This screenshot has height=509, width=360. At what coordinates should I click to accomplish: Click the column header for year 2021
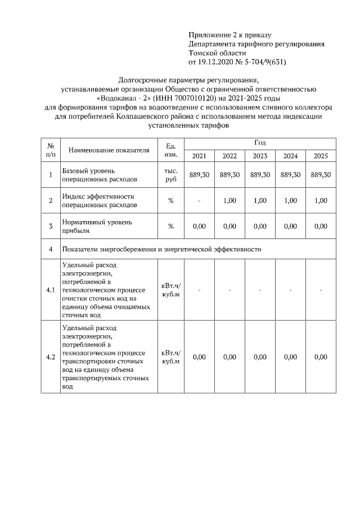coord(199,156)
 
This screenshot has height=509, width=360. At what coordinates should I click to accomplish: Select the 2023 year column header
coord(260,156)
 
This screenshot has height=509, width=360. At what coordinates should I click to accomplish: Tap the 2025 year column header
coord(321,156)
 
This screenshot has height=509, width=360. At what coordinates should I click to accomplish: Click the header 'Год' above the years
coord(260,143)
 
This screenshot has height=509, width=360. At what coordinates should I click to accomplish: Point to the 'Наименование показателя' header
coord(109,150)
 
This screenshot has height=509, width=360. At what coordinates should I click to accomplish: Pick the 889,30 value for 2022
coord(229,175)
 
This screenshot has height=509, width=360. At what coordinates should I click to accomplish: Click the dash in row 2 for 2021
coord(199,201)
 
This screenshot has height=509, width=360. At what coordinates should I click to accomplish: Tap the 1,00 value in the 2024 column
coord(290,201)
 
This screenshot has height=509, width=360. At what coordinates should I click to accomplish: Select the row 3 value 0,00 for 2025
coord(321,226)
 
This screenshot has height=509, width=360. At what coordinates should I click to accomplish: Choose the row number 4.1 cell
coord(51,290)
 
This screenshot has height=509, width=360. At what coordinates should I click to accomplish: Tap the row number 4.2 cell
coord(51,357)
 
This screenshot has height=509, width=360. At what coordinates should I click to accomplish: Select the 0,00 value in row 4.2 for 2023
coord(260,357)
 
